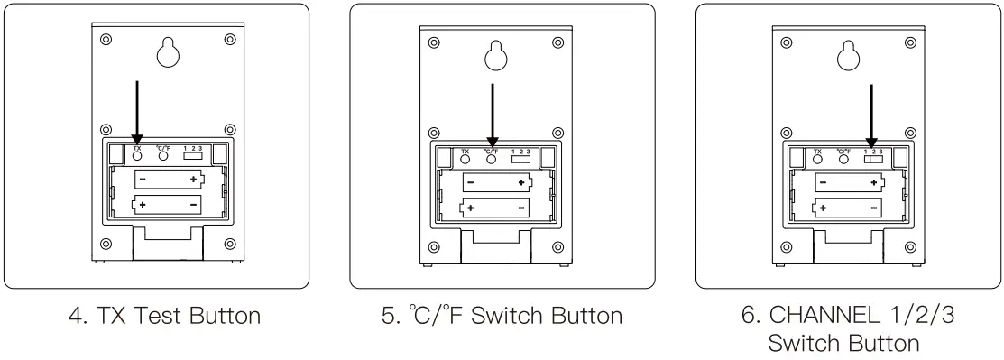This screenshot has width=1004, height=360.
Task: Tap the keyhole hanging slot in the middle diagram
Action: [x=495, y=56]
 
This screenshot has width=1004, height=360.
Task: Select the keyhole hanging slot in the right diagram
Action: [x=847, y=56]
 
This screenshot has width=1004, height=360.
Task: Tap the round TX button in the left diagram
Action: [x=137, y=154]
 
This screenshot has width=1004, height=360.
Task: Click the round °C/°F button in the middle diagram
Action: [x=492, y=158]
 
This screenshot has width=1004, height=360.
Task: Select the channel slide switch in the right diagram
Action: [x=872, y=158]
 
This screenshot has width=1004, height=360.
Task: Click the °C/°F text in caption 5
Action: [x=436, y=317]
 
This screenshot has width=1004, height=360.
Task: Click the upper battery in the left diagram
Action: [x=169, y=180]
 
